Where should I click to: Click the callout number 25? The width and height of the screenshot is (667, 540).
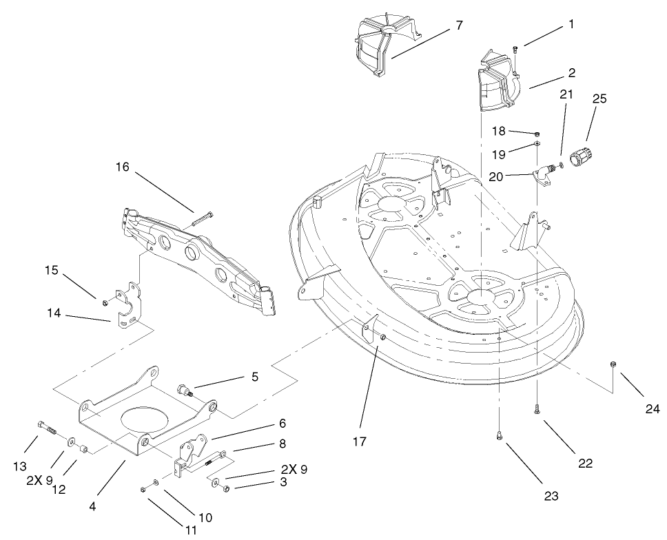pyautogui.click(x=599, y=99)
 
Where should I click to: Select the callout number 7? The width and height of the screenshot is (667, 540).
pyautogui.click(x=459, y=25)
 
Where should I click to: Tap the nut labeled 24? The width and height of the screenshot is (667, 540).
pyautogui.click(x=613, y=364)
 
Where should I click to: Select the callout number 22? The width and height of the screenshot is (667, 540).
pyautogui.click(x=585, y=463)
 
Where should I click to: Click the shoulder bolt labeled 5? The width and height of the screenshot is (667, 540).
pyautogui.click(x=185, y=391)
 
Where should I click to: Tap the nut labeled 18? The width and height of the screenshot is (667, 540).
pyautogui.click(x=537, y=133)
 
